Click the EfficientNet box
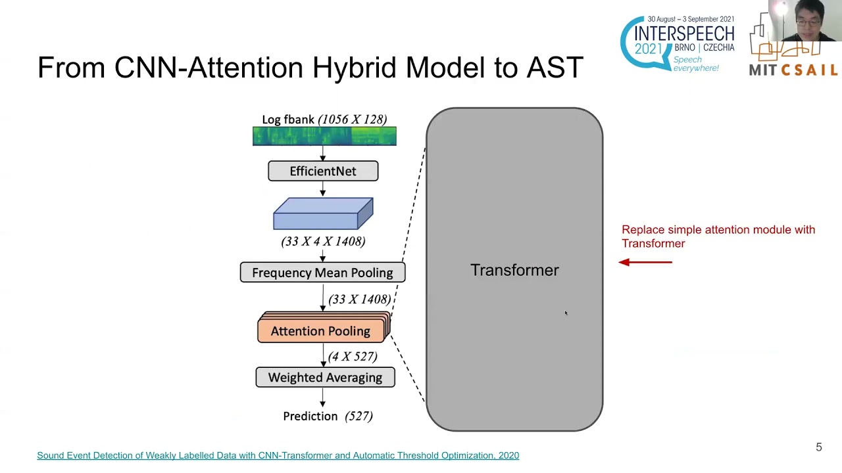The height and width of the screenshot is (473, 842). tap(323, 171)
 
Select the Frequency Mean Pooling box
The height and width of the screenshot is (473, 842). tap(322, 273)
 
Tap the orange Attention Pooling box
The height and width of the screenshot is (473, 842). tap(320, 331)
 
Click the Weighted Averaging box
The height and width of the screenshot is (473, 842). tap(325, 378)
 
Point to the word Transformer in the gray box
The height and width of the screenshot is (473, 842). tap(514, 270)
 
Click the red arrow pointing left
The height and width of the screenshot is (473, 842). tap(645, 262)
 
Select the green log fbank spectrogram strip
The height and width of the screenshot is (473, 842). tap(324, 136)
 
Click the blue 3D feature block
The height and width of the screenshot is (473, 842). tap(323, 214)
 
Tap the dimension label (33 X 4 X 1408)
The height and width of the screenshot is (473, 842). tap(323, 241)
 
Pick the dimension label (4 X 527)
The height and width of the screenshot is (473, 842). tap(353, 356)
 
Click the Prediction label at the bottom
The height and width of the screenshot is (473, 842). tap(310, 416)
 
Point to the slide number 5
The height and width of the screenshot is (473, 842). tap(819, 447)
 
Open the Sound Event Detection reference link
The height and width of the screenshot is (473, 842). tap(278, 455)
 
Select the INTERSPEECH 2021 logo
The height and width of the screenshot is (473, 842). tap(677, 43)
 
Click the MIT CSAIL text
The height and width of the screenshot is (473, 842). tap(793, 70)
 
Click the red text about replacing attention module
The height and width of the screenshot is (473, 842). tap(718, 236)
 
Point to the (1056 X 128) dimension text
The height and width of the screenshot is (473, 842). tap(352, 120)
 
